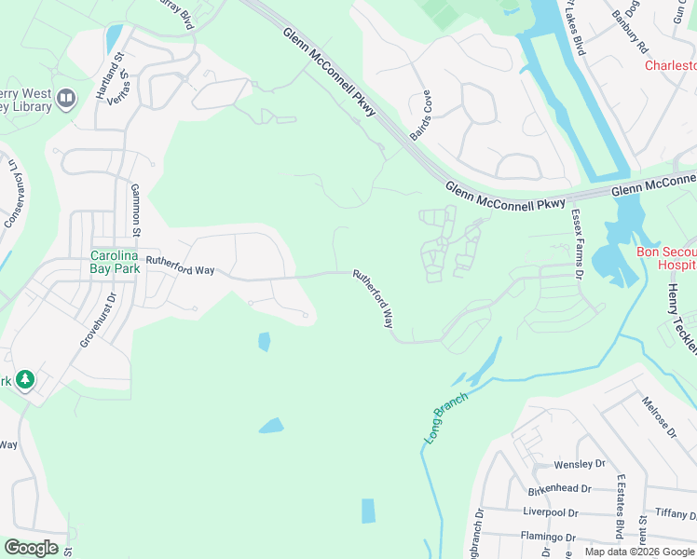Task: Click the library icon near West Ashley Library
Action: click(66, 99)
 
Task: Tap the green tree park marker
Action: click(25, 380)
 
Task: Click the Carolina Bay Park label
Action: click(115, 255)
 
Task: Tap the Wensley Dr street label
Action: click(579, 464)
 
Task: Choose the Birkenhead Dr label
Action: click(559, 488)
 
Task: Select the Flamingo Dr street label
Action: click(549, 537)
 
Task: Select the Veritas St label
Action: click(128, 87)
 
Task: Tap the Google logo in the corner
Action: click(31, 548)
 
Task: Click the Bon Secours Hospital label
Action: click(665, 258)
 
